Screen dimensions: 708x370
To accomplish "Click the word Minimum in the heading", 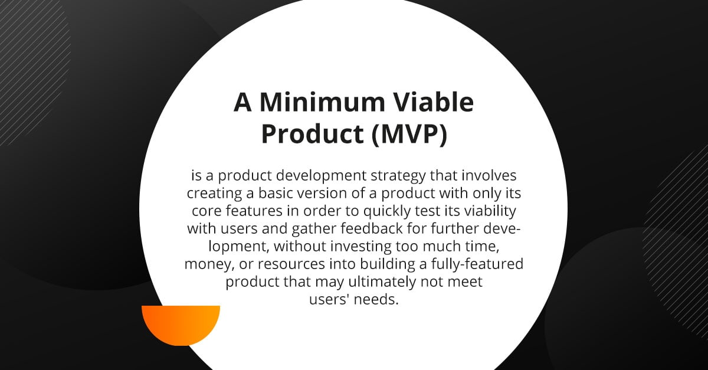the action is point(322,102).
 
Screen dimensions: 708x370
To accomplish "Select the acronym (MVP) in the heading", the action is point(409,134).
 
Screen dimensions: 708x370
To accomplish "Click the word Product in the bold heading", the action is point(312,134).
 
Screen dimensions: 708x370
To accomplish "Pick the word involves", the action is point(489,175).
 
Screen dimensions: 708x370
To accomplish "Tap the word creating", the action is point(214,194).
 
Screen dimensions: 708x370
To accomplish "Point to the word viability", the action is point(490,211).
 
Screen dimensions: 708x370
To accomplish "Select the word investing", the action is point(360,247).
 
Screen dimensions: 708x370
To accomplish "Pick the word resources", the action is point(291,264).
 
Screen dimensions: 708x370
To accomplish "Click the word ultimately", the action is point(382,282).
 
